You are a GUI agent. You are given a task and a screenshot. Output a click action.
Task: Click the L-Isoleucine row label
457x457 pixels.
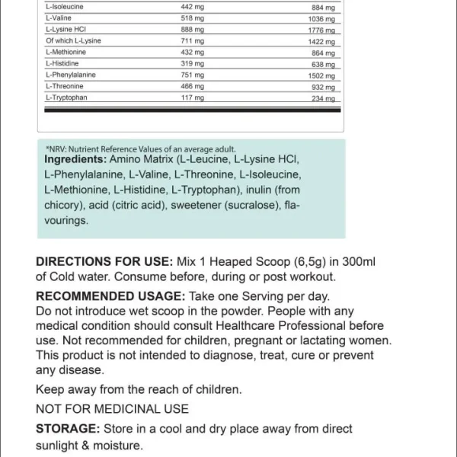tap(64, 6)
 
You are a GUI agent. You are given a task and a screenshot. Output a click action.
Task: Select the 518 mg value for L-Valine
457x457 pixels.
tap(193, 18)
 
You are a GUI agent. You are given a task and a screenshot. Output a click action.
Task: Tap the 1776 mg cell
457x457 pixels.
tap(324, 30)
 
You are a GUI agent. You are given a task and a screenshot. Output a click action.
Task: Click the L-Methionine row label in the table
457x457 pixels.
tap(67, 52)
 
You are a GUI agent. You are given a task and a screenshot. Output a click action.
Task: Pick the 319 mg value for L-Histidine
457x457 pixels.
tap(193, 63)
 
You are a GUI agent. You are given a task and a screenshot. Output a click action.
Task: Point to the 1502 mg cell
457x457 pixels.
tap(324, 76)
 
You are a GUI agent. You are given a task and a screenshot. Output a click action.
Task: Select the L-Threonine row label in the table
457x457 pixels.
tap(64, 86)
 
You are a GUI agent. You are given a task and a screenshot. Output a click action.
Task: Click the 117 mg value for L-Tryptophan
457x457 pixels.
tap(193, 97)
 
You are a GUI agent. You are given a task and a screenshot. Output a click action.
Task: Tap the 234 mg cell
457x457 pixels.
tap(324, 99)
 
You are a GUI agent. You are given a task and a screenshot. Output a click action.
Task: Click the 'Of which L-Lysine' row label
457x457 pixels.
tap(73, 40)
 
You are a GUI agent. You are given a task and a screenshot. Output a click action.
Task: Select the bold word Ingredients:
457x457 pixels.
tap(75, 159)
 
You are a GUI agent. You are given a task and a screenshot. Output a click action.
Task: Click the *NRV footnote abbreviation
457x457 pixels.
tap(56, 149)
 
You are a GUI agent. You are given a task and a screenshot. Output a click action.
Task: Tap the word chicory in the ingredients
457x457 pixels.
tap(62, 205)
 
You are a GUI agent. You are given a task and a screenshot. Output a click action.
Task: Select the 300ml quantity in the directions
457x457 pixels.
tap(359, 260)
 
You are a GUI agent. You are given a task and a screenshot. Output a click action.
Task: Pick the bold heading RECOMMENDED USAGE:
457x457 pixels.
tap(110, 296)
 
